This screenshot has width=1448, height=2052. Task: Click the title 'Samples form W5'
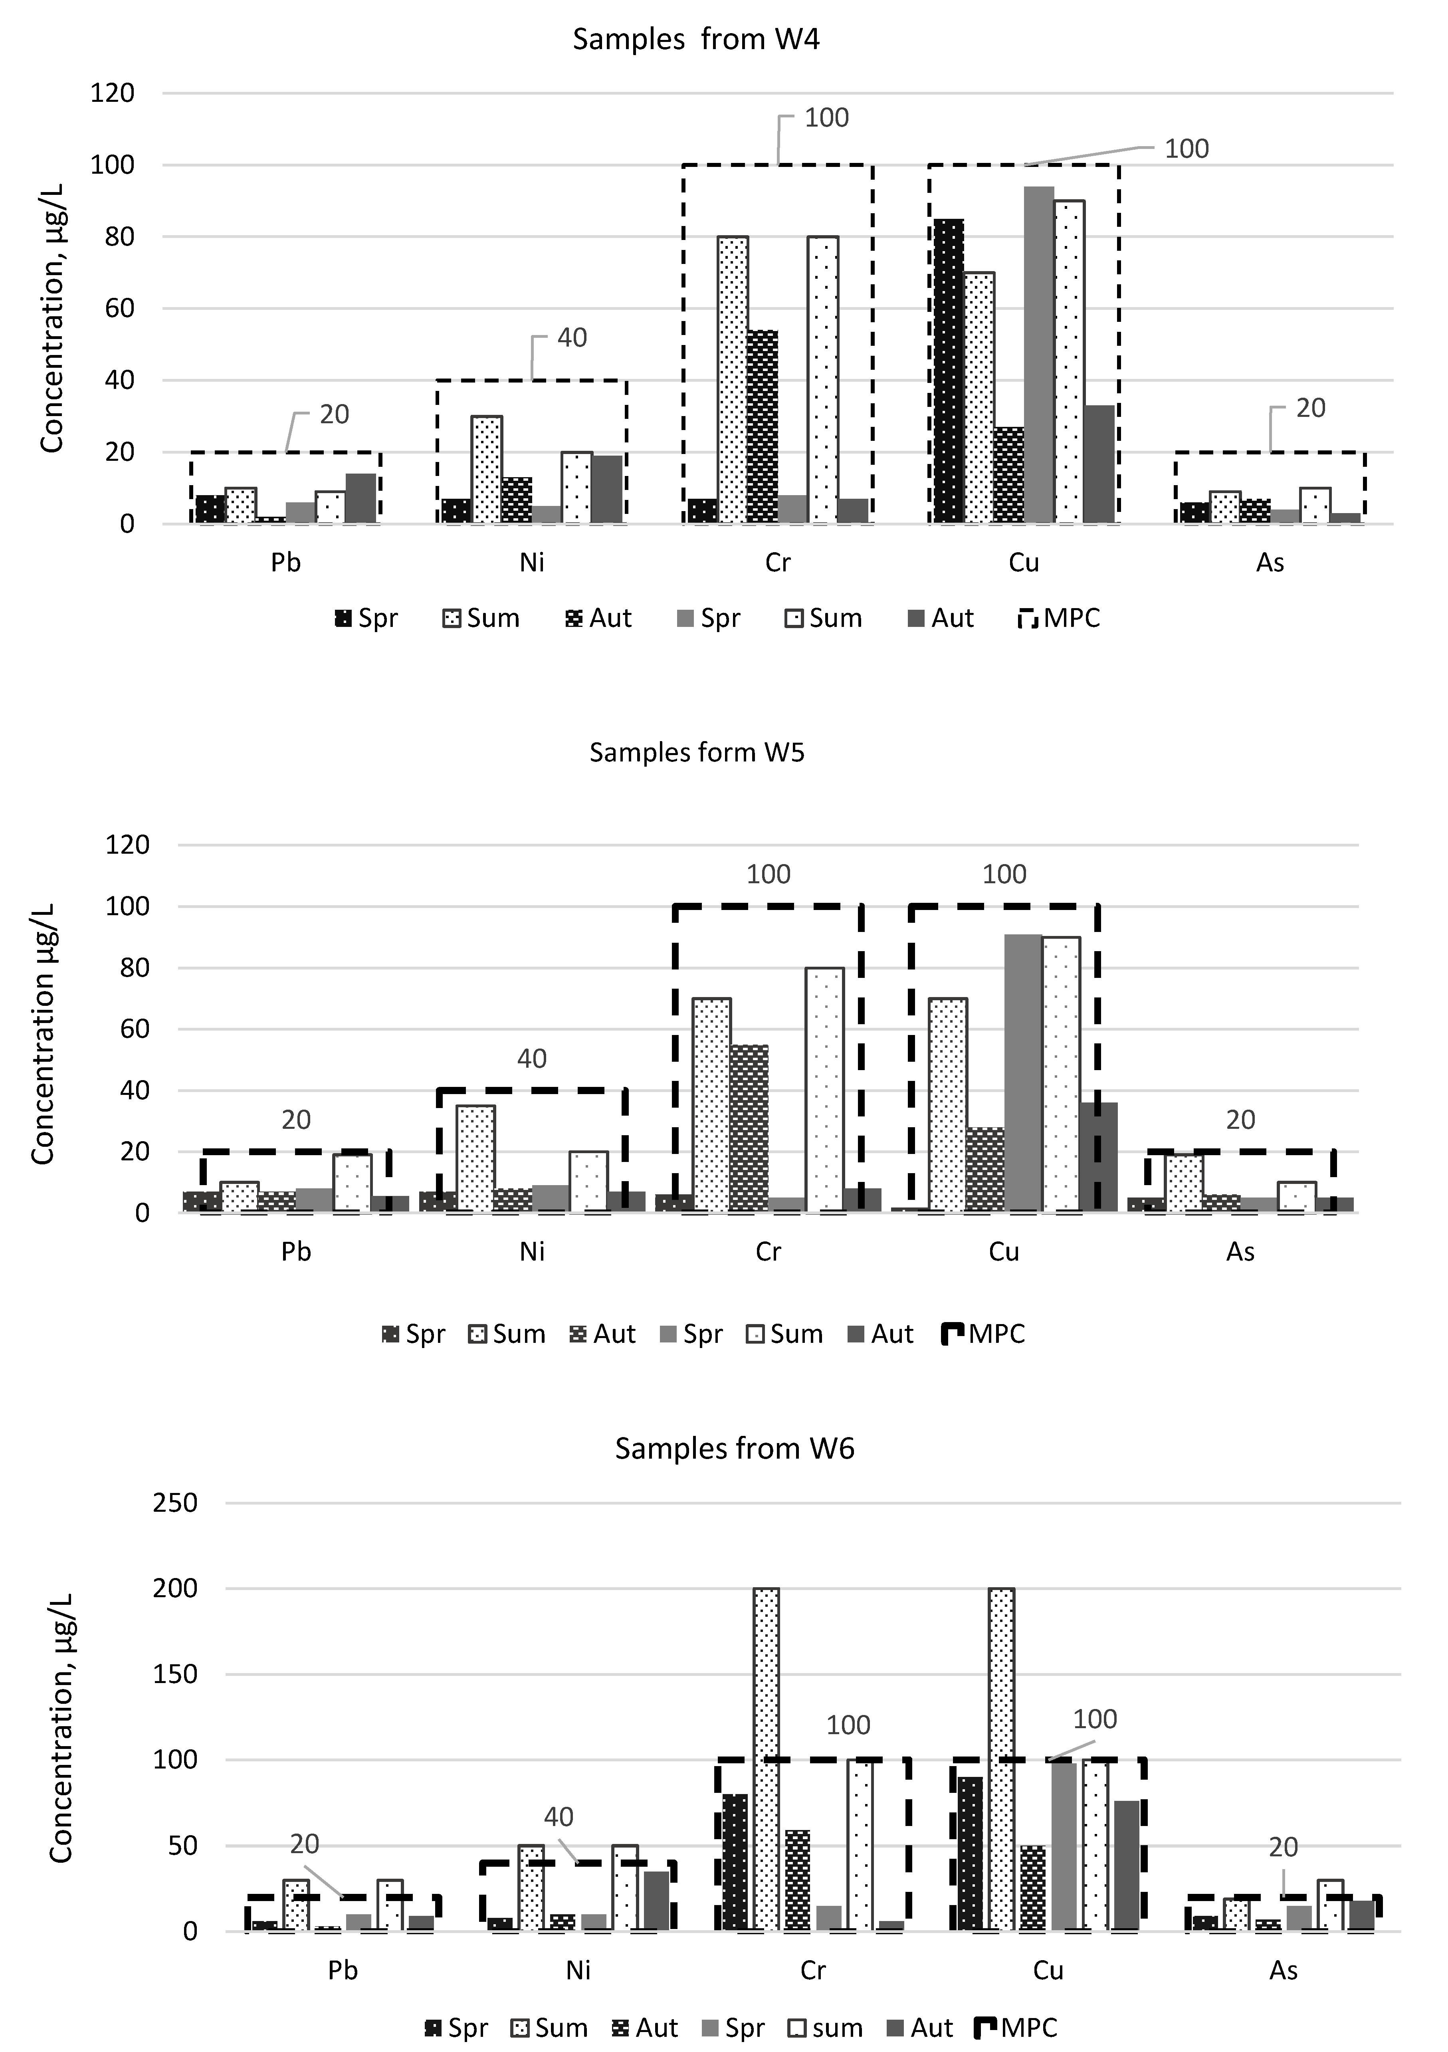[x=696, y=753]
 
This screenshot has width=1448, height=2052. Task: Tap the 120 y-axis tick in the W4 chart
[x=113, y=93]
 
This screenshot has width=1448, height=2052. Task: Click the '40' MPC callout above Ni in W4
[x=572, y=338]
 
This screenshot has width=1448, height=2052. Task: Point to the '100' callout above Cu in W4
[x=1186, y=149]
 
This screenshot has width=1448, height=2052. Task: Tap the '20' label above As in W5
[x=1240, y=1120]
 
